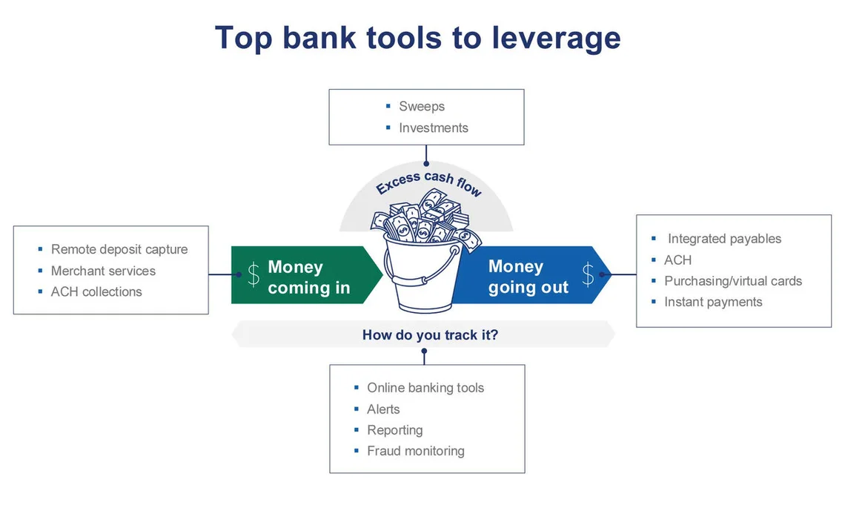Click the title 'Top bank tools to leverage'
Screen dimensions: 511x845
[x=417, y=37]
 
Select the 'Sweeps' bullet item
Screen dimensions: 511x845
[x=421, y=106]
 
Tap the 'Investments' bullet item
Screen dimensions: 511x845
[x=433, y=128]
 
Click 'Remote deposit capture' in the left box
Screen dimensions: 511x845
[x=119, y=249]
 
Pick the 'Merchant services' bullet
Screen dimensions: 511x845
[x=103, y=271]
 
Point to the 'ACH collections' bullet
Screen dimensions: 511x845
[x=96, y=291]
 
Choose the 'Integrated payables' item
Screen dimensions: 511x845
[x=724, y=239]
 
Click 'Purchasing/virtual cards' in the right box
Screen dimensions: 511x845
[x=732, y=281]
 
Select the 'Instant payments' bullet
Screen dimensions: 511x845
[x=713, y=302]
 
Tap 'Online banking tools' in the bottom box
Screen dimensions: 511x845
[x=425, y=388]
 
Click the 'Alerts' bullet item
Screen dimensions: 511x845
[x=383, y=409]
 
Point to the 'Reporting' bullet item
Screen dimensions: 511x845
[x=394, y=430]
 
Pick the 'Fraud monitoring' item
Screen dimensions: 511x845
[x=415, y=451]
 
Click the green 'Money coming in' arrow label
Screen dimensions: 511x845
[x=308, y=277]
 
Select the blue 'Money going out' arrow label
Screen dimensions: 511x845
[x=528, y=277]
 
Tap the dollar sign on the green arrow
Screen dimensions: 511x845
[x=253, y=274]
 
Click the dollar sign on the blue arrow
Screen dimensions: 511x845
[x=588, y=274]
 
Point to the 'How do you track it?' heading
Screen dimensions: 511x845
[x=430, y=335]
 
